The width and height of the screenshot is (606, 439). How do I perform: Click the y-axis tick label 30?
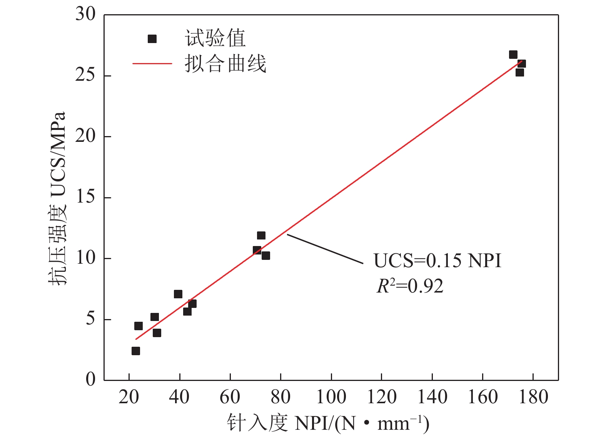point(85,14)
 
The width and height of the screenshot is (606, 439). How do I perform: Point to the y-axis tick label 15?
point(85,197)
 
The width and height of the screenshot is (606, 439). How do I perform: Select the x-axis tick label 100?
point(331,397)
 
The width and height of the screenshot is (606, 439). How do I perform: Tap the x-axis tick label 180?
point(533,397)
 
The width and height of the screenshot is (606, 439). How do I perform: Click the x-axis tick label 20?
point(129,397)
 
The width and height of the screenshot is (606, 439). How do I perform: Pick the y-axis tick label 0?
point(90,380)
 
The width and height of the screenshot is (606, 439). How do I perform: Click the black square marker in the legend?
point(152,39)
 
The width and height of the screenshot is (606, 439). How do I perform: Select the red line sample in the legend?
point(152,63)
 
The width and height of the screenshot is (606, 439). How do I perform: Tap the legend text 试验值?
point(215,38)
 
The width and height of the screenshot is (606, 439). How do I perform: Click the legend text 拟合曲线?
point(225,63)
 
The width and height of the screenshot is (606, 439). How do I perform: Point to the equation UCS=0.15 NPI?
point(437,261)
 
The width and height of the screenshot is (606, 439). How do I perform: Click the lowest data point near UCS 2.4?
point(136,351)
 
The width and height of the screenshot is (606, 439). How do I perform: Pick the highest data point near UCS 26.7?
point(513,55)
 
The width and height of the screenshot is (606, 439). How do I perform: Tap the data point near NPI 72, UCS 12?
point(261,235)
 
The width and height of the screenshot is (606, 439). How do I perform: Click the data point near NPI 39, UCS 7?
point(178,294)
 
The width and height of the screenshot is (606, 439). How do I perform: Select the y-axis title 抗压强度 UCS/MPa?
point(58,198)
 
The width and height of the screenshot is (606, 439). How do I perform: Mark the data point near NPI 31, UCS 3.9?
point(157,333)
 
